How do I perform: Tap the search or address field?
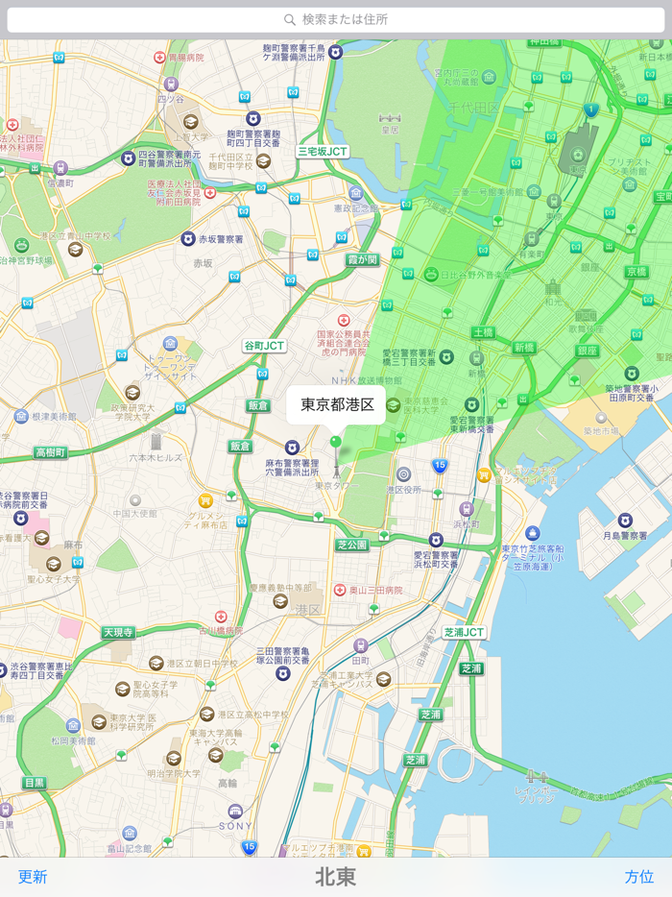point(336,19)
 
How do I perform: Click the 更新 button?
point(33,876)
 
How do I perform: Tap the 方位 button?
point(639,876)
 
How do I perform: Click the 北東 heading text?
point(335,877)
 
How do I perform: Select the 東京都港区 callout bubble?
point(336,404)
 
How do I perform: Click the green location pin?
point(335,442)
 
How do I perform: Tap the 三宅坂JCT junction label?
point(323,151)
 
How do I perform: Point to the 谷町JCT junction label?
point(264,346)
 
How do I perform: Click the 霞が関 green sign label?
point(363,259)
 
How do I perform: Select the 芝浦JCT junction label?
point(464,633)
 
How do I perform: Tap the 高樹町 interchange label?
point(50,452)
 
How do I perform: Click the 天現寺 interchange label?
point(119,632)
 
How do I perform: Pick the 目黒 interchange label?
point(34,783)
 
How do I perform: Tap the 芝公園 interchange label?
point(352,545)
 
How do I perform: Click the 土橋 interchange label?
point(482,332)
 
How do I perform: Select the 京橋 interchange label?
point(636,272)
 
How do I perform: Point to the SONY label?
point(234,825)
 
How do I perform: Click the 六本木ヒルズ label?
point(156,458)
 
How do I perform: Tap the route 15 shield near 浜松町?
point(440,466)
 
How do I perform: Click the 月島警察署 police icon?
point(625,520)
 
